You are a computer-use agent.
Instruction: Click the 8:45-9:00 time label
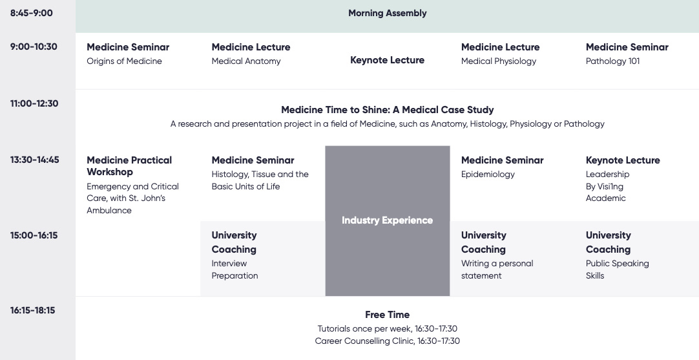[31, 13]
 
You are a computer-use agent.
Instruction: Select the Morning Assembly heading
[388, 14]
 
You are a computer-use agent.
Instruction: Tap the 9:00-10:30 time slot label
[34, 47]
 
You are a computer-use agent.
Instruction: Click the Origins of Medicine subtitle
[125, 61]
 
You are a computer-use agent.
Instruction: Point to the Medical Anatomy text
[246, 61]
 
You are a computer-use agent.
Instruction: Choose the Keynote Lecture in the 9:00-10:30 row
[388, 60]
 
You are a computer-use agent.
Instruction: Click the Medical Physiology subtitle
[499, 61]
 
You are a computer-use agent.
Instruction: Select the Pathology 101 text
[612, 61]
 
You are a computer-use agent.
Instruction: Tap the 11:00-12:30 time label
[34, 103]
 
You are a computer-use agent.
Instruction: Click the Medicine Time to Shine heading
[388, 110]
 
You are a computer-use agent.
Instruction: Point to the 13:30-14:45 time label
[34, 160]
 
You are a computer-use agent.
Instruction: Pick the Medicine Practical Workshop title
[129, 166]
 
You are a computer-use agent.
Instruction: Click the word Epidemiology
[488, 175]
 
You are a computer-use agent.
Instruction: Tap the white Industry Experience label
[388, 220]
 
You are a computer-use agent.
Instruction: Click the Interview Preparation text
[235, 270]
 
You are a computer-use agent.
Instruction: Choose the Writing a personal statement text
[497, 270]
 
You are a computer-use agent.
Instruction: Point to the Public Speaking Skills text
[618, 270]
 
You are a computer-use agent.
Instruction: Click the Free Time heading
[388, 315]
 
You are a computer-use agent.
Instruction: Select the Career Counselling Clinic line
[388, 341]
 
